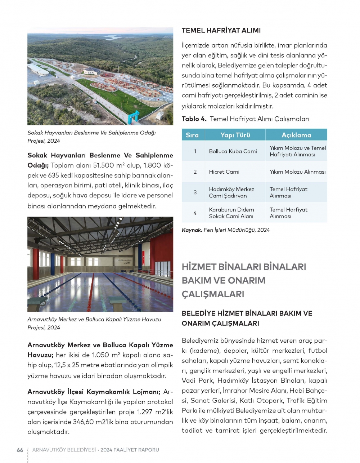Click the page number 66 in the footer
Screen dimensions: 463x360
coord(20,450)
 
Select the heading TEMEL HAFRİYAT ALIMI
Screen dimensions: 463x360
coord(221,30)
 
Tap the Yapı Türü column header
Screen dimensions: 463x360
coord(235,135)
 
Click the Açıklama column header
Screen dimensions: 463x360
coord(296,135)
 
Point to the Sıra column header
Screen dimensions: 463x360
coord(192,135)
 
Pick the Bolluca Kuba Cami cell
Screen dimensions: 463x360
coord(233,151)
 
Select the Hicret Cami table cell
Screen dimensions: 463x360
coord(224,172)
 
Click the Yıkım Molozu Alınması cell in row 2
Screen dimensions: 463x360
coord(297,172)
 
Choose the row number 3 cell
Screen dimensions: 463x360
coord(195,192)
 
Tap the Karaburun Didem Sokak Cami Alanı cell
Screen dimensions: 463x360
coord(231,213)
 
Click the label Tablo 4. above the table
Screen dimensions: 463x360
coord(194,119)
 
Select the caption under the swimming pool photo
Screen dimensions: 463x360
coord(94,323)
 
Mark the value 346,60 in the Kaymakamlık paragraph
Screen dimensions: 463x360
coord(102,422)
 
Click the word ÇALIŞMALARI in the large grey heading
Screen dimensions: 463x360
coord(213,294)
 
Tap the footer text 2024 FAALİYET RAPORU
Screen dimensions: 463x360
coord(130,450)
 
